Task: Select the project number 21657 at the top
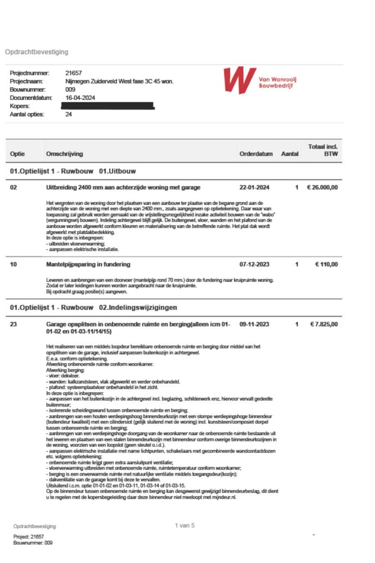[x=73, y=73]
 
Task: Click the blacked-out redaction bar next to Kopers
[x=107, y=106]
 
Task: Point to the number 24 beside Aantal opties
[x=69, y=114]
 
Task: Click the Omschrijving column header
[x=64, y=154]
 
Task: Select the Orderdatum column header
[x=256, y=154]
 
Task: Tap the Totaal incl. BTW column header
[x=323, y=151]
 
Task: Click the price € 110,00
[x=327, y=265]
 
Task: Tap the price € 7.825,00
[x=324, y=324]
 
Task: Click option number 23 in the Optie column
[x=14, y=324]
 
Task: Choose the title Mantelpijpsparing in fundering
[x=88, y=265]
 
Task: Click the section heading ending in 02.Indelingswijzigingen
[x=94, y=307]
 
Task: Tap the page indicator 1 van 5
[x=185, y=526]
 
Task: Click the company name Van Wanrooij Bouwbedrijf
[x=277, y=82]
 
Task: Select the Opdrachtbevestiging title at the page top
[x=36, y=52]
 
